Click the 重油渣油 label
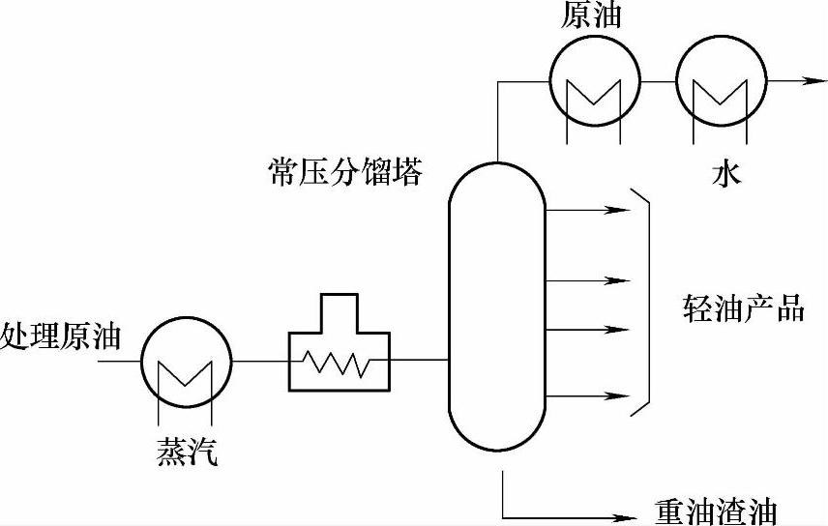pyautogui.click(x=715, y=511)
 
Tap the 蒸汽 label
pyautogui.click(x=186, y=452)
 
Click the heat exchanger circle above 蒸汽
pyautogui.click(x=187, y=363)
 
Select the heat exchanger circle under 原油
pyautogui.click(x=594, y=83)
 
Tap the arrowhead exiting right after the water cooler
pyautogui.click(x=802, y=83)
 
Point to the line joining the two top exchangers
pyautogui.click(x=656, y=83)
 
